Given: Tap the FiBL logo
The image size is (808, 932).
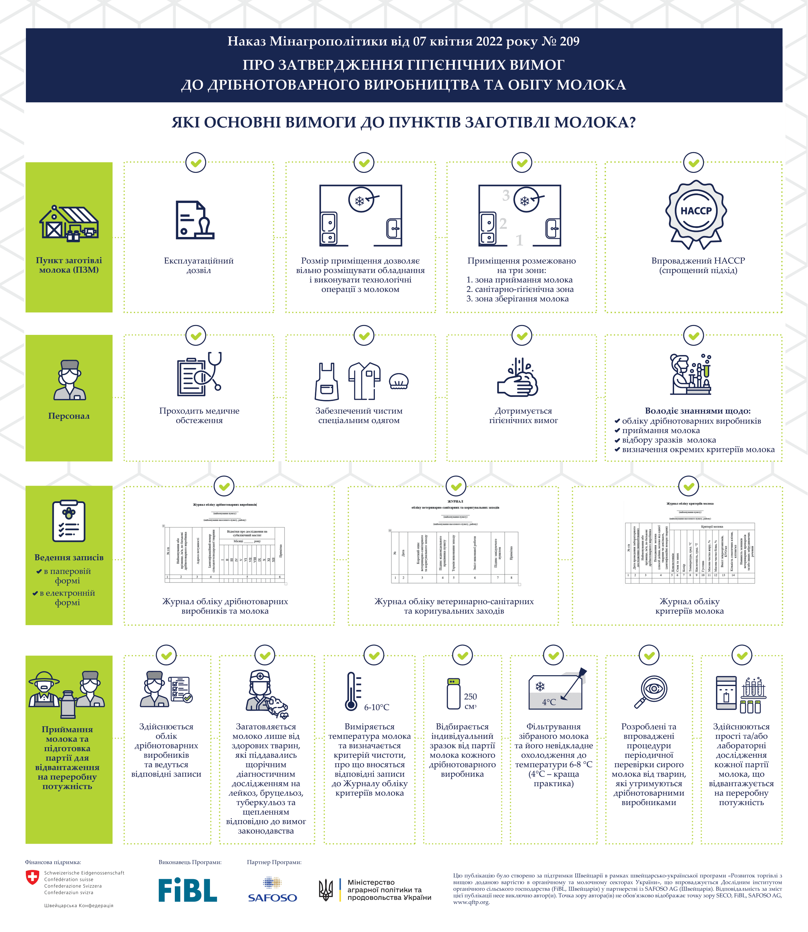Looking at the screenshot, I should click(x=187, y=890).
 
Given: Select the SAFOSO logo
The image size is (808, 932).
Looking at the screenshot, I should click(x=272, y=890).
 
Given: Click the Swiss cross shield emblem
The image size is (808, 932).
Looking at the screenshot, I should click(x=32, y=877).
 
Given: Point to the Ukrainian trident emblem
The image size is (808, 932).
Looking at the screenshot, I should click(x=326, y=890).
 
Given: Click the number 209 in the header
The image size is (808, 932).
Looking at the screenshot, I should click(x=569, y=42).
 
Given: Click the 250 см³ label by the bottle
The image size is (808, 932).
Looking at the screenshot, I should click(x=470, y=701).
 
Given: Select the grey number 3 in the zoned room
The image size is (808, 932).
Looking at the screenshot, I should click(x=506, y=195).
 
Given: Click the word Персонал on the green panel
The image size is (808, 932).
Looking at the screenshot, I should click(x=69, y=416).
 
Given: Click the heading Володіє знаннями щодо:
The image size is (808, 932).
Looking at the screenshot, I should click(x=698, y=411).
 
